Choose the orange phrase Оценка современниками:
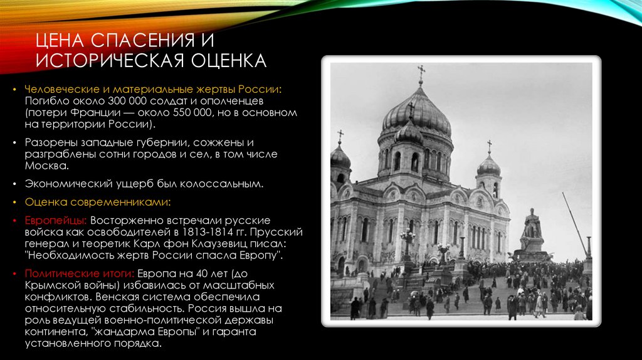[x=98, y=202]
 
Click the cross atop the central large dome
[x=421, y=74]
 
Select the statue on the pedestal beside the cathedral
[x=532, y=226]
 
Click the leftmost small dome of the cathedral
[x=340, y=156]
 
